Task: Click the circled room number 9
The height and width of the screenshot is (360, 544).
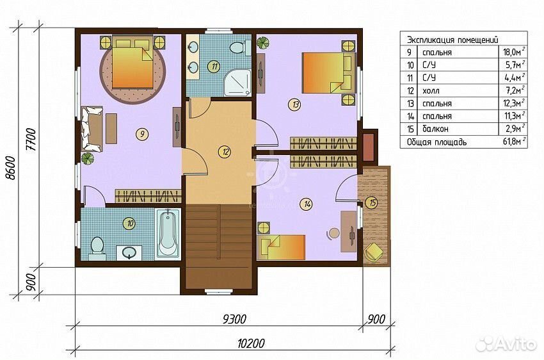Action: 142,134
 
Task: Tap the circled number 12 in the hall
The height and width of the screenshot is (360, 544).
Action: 225,151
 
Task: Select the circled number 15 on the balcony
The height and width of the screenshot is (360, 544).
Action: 372,202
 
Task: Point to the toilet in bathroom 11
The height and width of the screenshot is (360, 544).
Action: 240,47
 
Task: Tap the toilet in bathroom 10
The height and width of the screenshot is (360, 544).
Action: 97,248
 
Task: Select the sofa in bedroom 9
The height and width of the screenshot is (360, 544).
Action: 92,129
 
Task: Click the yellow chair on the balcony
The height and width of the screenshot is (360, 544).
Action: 373,251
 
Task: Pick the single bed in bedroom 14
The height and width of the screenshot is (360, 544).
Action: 281,247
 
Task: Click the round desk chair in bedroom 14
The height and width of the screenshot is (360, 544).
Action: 333,233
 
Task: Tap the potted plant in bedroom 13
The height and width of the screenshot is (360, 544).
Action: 262,42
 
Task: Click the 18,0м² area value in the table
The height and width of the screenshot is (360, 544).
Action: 514,52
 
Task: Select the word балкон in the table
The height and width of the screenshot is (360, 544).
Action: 435,129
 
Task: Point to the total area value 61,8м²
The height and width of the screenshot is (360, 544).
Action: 514,142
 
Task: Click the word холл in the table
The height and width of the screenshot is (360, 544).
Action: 431,91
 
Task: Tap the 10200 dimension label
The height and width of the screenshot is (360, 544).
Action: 251,343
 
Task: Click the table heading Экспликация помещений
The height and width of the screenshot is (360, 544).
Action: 452,40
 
